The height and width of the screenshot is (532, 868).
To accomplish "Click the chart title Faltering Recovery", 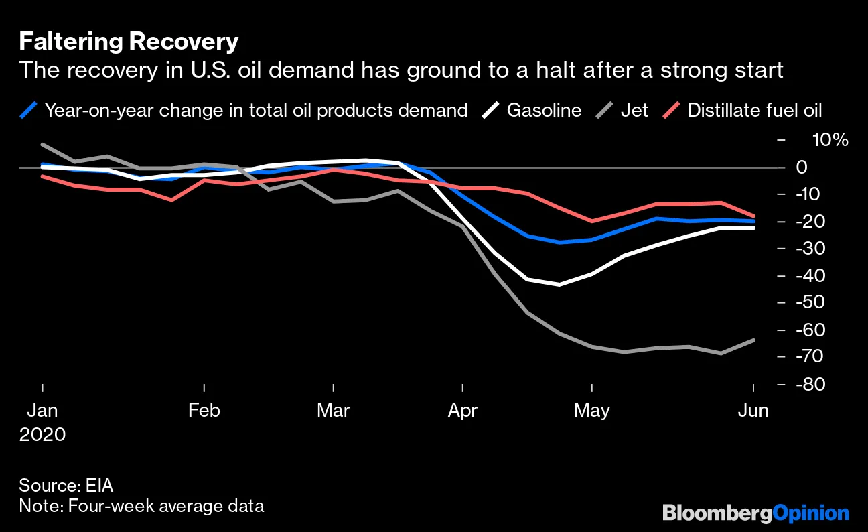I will point(129,42).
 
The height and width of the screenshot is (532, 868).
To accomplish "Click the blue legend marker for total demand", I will point(28,110).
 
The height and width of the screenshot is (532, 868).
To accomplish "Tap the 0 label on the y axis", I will point(801,167).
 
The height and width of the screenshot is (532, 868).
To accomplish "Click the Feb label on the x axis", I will point(204,410).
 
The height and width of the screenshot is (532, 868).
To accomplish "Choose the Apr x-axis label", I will point(463,410).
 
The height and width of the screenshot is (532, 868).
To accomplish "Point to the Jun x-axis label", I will point(753,410).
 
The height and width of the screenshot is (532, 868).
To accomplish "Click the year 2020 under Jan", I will point(42,434).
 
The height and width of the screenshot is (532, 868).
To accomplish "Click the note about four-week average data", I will point(141,505).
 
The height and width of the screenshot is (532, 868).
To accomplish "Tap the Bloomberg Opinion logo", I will point(755,513).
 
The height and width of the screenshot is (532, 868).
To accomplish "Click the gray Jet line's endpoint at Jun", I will point(754,340).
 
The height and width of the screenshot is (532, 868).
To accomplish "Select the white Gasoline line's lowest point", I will point(559,285).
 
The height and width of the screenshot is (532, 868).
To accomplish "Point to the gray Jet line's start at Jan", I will point(42,145).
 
